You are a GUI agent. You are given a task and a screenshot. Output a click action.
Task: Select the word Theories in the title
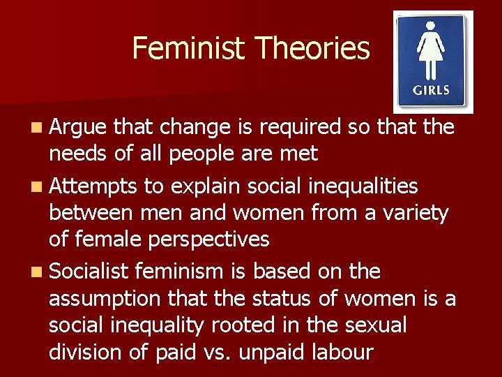pos(312,48)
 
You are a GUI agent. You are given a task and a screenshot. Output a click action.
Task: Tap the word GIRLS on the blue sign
pos(432,90)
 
